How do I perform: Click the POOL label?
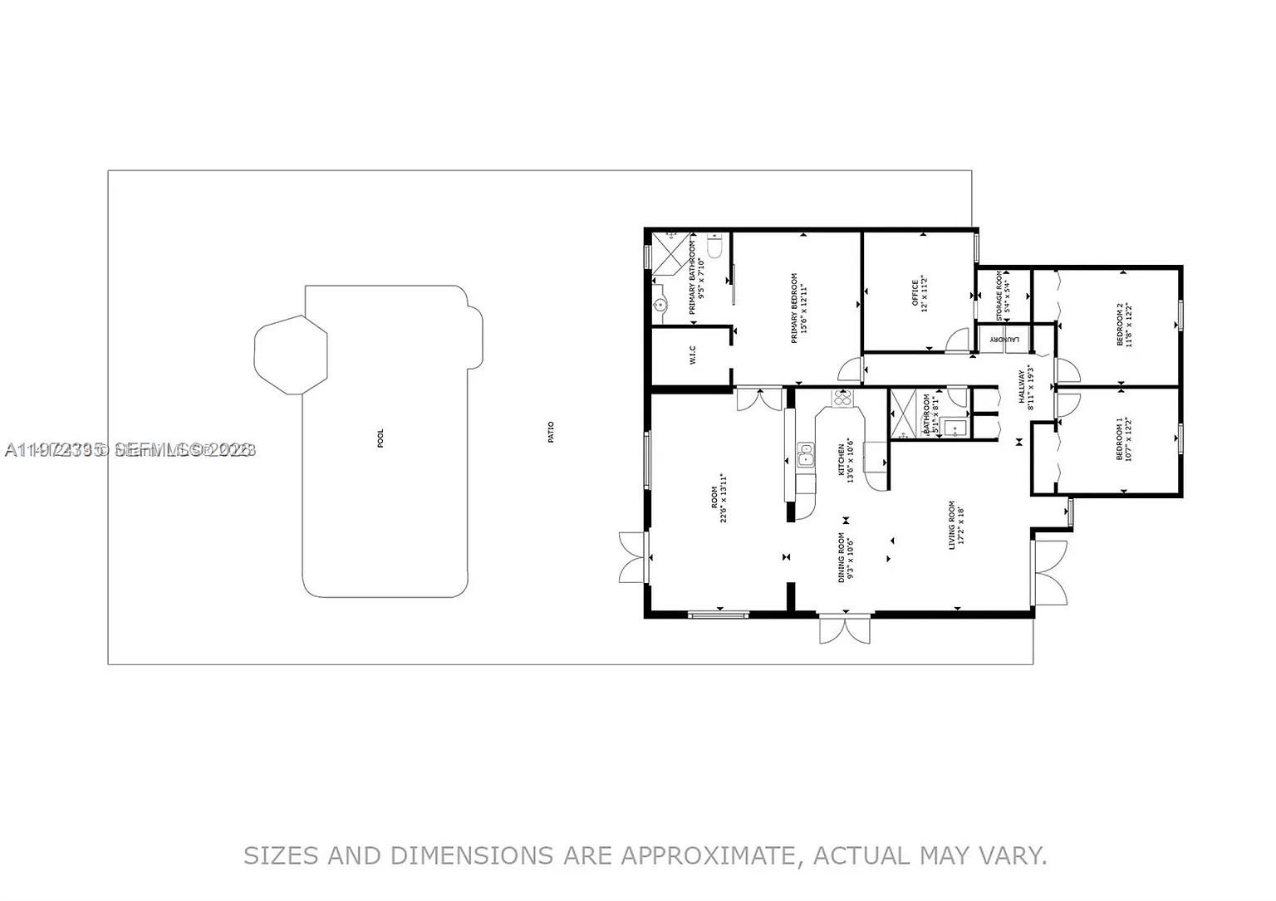pos(380,438)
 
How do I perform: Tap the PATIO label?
pos(551,432)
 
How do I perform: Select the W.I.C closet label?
pos(692,355)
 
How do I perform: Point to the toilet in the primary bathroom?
pos(714,247)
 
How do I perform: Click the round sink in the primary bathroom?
pos(660,306)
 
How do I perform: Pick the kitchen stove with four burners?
pos(842,399)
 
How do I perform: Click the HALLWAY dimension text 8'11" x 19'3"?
pos(1031,387)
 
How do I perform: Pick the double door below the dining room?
pos(845,629)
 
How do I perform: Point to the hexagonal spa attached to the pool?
pos(289,355)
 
